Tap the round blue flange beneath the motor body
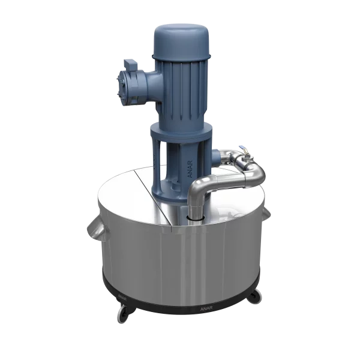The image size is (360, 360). [180, 128]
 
